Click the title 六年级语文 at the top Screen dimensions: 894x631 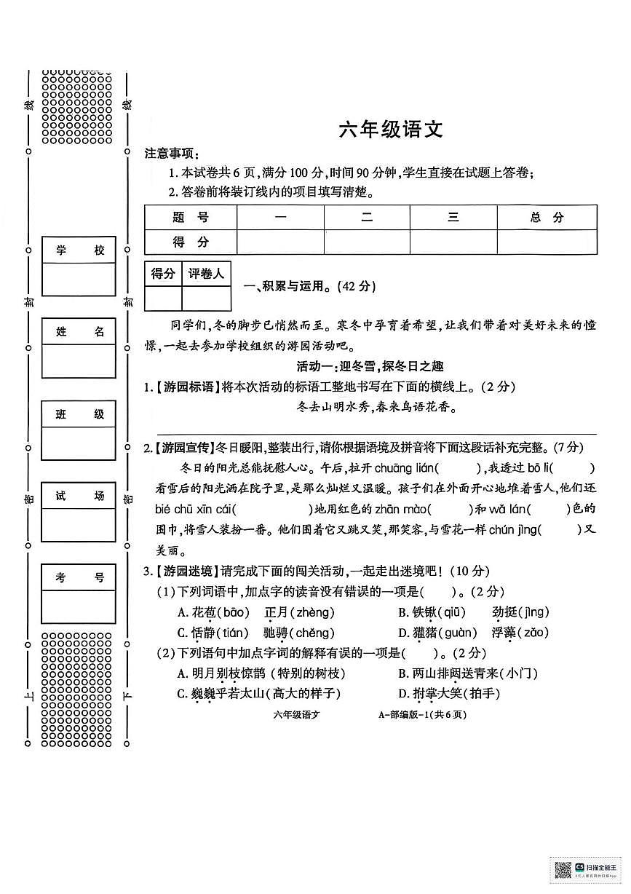pyautogui.click(x=390, y=130)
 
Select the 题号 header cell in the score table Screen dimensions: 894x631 pyautogui.click(x=191, y=217)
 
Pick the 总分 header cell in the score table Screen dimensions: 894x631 pyautogui.click(x=547, y=217)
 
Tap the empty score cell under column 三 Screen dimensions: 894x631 pyautogui.click(x=453, y=242)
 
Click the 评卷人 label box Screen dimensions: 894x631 pyautogui.click(x=207, y=274)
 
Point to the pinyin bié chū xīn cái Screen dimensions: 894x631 pyautogui.click(x=195, y=509)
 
